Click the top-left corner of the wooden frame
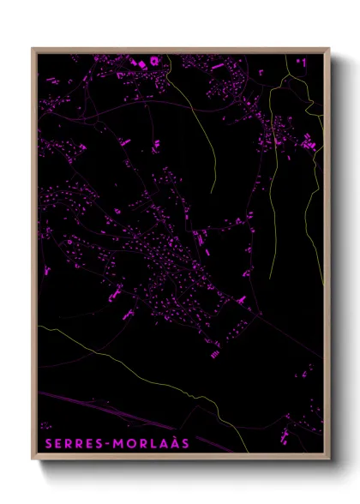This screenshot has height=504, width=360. [33, 49]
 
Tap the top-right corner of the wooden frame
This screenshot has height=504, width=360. [329, 49]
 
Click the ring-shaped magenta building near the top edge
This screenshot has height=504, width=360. [155, 61]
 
